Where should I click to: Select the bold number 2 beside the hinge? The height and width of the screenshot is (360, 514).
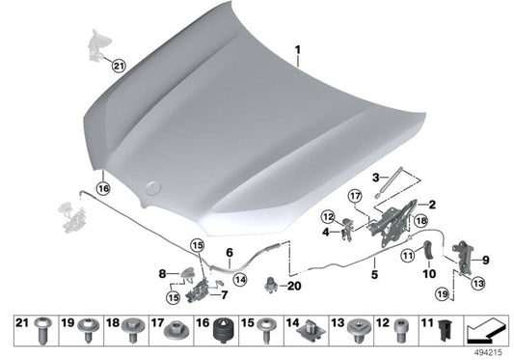coord(432,205)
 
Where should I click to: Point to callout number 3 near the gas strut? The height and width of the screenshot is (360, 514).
coord(375,177)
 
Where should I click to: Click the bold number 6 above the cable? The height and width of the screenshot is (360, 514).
coord(230,253)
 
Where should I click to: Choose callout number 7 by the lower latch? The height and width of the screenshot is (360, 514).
coord(225,294)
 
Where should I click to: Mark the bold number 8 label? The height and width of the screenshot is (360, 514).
coord(163,274)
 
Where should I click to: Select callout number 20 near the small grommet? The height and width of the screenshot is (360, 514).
coord(294,286)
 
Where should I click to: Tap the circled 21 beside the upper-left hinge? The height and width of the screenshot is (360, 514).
coord(119,67)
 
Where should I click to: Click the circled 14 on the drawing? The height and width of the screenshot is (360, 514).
coord(240,279)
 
